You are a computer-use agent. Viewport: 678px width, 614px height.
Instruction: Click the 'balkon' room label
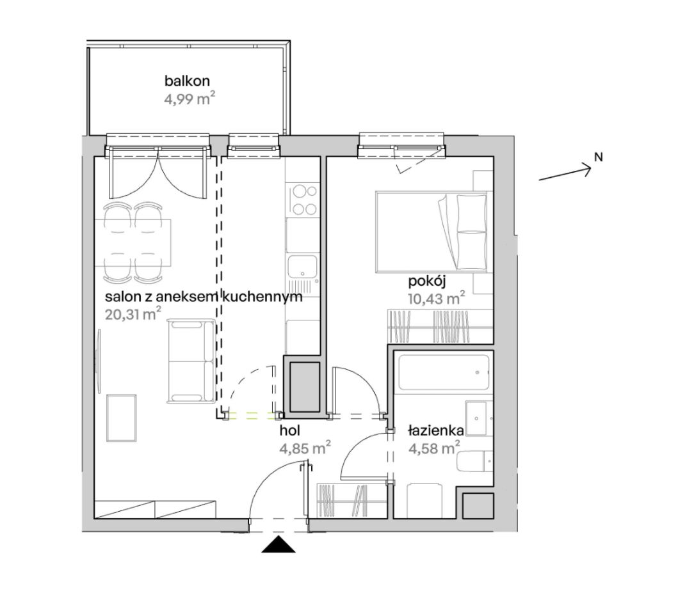tap(187, 81)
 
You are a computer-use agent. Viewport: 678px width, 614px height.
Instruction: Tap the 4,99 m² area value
tap(190, 99)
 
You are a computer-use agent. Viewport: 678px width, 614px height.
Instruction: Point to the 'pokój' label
tap(427, 281)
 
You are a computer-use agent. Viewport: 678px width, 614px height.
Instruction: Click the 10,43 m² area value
tap(436, 298)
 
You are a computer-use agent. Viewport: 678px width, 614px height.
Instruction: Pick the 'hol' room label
tap(290, 430)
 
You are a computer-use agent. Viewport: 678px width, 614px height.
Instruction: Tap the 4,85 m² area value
tap(305, 448)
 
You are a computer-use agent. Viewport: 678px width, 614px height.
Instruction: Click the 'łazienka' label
tap(436, 431)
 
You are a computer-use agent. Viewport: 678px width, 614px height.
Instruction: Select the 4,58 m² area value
tap(434, 448)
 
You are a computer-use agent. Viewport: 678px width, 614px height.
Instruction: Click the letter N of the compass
tap(598, 157)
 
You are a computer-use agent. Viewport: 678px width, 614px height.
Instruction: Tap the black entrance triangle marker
tap(278, 544)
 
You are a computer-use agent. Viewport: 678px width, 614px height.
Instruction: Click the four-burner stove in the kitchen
tap(303, 200)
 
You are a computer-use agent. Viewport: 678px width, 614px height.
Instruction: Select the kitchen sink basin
tap(303, 266)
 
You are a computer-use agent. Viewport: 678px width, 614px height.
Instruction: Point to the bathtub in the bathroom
tap(444, 372)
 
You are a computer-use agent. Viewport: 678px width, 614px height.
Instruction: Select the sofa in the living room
tap(191, 361)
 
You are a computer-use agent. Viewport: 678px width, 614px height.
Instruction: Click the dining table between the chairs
tap(133, 243)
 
